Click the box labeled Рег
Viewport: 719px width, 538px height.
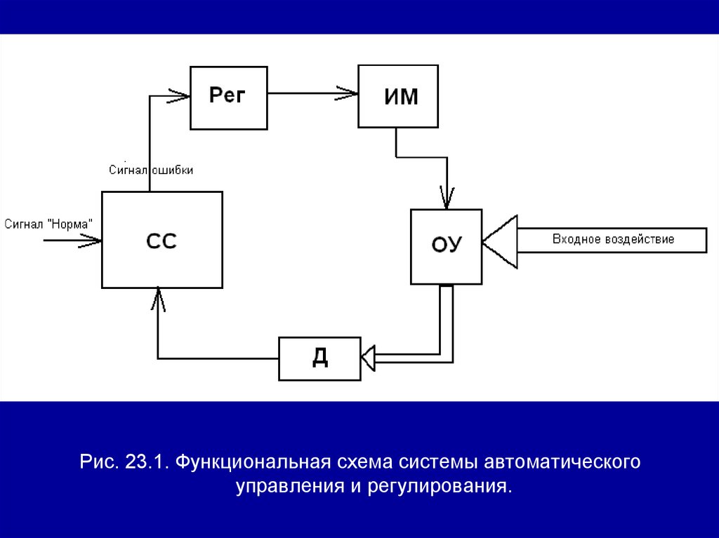(x=228, y=97)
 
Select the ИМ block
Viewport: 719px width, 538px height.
(x=398, y=96)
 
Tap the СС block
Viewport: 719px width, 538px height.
(x=161, y=239)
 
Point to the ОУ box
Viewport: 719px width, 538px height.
(x=446, y=246)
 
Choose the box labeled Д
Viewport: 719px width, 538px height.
(x=319, y=358)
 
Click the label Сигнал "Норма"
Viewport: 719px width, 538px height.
(x=48, y=224)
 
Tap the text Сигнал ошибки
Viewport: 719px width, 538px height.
(x=151, y=170)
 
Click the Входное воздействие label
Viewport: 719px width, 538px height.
(x=613, y=239)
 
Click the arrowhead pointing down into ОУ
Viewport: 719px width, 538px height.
(x=447, y=198)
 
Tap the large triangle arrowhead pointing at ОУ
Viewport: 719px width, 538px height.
(x=501, y=241)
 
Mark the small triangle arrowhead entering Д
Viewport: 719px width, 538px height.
(x=369, y=358)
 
